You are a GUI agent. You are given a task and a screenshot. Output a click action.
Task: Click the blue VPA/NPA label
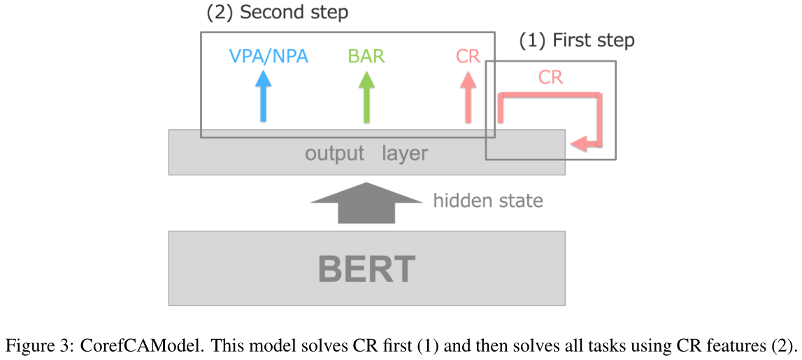[269, 56]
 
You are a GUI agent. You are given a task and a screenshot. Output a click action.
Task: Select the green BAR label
[366, 56]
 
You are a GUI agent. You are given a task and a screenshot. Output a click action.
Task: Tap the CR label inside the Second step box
[468, 56]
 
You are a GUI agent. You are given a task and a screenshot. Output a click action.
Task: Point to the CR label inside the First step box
[551, 77]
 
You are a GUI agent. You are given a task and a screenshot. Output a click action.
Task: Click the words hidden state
[488, 201]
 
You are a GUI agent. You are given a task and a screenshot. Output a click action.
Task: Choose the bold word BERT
[366, 269]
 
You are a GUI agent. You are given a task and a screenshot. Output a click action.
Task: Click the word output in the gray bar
[334, 153]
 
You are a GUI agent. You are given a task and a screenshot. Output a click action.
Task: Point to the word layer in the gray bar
[404, 153]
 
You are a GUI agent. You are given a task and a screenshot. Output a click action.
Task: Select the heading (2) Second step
[278, 13]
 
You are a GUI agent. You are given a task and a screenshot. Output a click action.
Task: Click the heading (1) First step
[577, 41]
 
